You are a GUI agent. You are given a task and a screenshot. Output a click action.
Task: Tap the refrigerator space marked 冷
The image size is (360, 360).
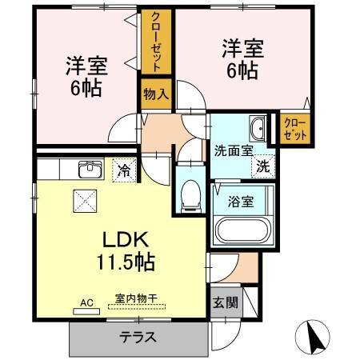click(x=124, y=170)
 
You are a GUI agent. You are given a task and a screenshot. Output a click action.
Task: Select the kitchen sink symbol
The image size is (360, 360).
click(x=88, y=170)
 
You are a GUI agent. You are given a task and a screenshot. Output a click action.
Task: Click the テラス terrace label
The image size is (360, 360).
click(x=138, y=337)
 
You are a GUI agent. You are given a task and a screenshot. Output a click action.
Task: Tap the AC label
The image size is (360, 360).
click(x=86, y=302)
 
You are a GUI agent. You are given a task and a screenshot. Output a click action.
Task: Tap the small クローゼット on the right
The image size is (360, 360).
click(x=294, y=128)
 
